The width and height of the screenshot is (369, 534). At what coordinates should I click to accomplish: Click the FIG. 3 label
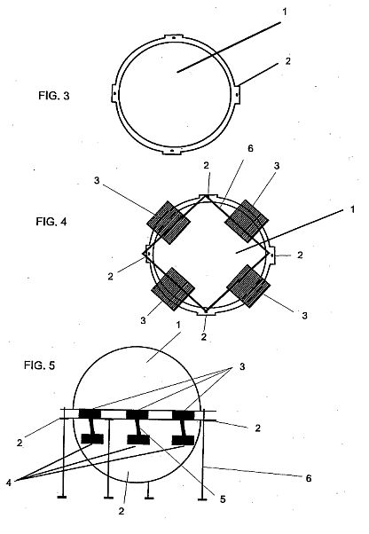(x=54, y=96)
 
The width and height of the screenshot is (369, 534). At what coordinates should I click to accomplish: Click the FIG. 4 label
(x=51, y=222)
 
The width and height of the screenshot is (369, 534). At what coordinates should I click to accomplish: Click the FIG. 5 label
(x=39, y=365)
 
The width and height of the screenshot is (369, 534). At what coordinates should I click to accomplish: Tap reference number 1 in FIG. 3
(x=285, y=12)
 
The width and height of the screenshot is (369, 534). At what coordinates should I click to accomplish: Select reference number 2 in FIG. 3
(x=288, y=61)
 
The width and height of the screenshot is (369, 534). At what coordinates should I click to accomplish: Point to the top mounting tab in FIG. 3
(x=174, y=37)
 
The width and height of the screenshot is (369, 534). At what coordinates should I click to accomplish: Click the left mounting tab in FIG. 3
(x=114, y=93)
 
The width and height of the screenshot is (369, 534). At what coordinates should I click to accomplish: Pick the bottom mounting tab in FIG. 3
(x=172, y=151)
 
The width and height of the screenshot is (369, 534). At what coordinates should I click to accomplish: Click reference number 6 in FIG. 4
(x=250, y=148)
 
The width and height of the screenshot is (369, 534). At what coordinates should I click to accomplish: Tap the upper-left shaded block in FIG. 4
(x=169, y=223)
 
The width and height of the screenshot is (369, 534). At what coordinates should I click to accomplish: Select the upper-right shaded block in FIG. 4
(x=247, y=221)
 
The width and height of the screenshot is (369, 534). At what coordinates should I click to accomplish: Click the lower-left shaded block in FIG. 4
(x=173, y=289)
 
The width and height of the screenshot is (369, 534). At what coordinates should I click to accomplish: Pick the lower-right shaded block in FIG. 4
(x=248, y=287)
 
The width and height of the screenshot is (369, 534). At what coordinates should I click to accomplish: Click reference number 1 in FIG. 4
(x=353, y=209)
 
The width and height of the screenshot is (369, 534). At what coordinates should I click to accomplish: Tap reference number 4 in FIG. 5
(x=9, y=483)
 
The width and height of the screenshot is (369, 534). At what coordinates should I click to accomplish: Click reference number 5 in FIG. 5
(x=223, y=499)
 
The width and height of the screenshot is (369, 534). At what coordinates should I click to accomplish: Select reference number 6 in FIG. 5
(x=309, y=478)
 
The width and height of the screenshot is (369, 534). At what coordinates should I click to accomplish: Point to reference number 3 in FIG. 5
(x=242, y=366)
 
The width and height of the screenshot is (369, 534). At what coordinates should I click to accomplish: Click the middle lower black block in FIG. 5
(x=138, y=440)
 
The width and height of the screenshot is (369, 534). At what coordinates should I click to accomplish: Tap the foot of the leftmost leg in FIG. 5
(x=62, y=498)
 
